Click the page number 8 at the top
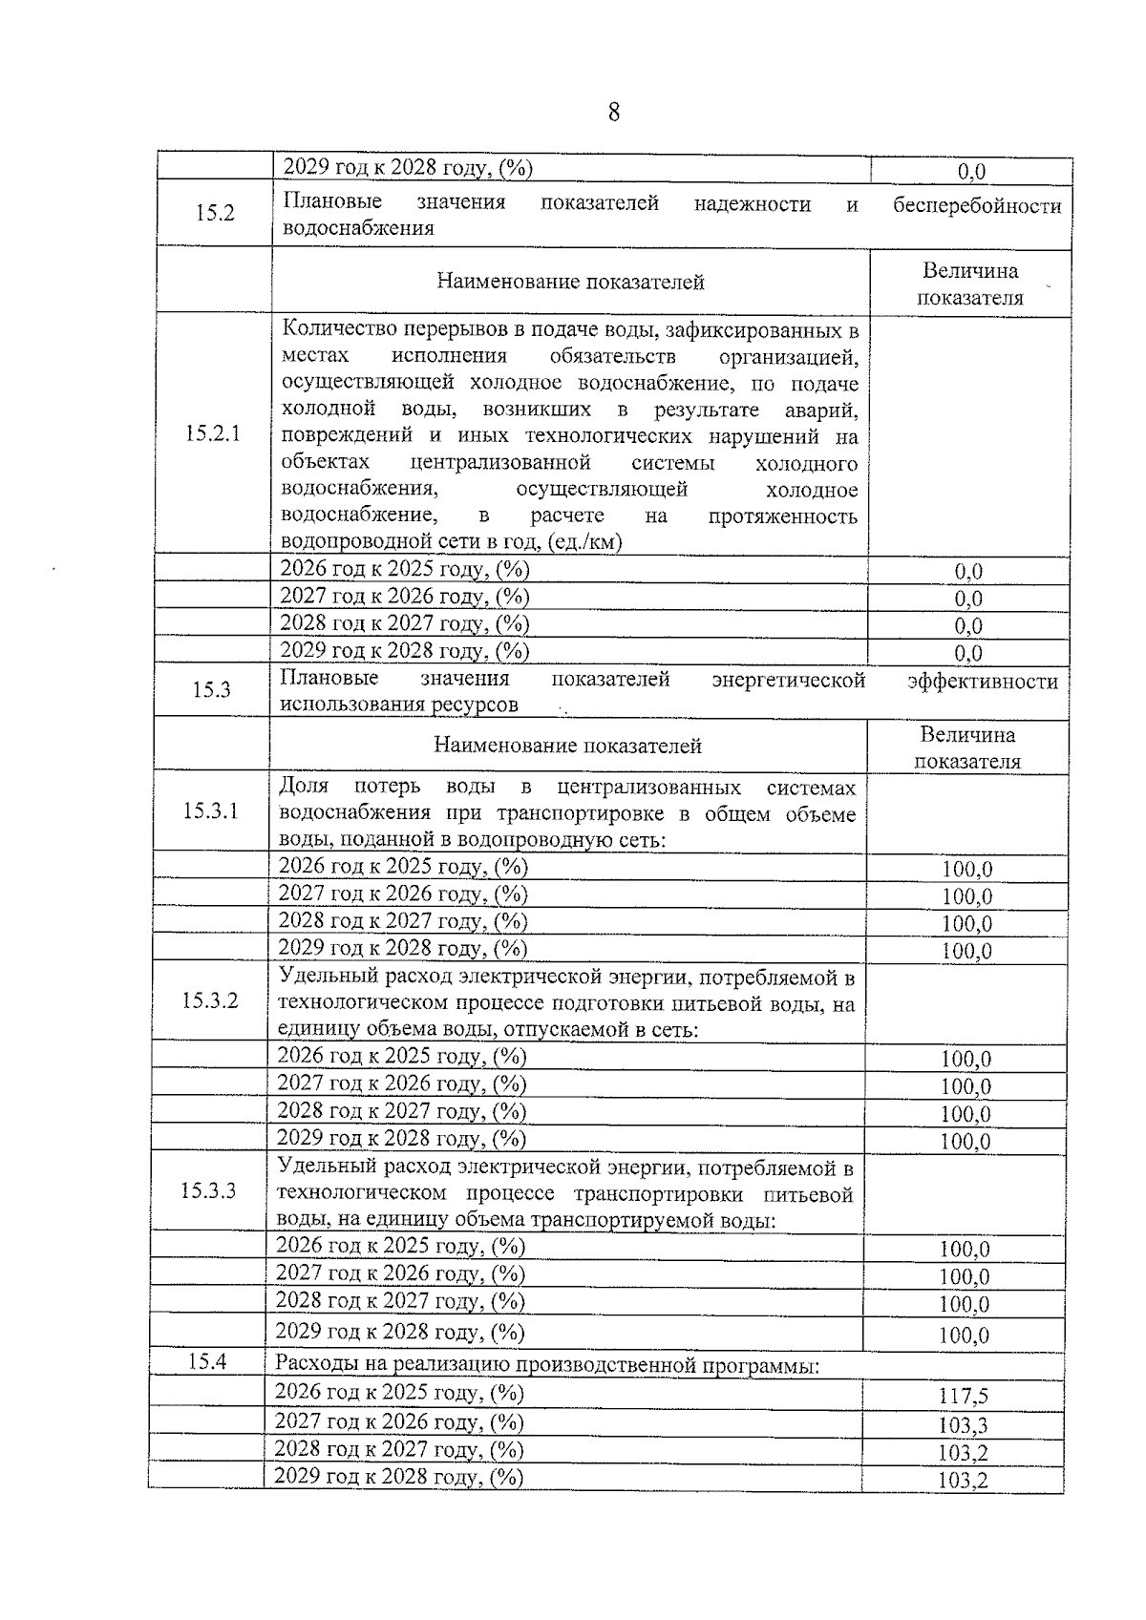(x=613, y=113)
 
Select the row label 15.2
(x=215, y=213)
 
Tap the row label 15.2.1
(x=213, y=433)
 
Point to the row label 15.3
(x=211, y=689)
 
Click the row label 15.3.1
(x=210, y=810)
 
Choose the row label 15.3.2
(x=210, y=1000)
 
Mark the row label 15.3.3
(x=208, y=1190)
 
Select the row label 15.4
(x=206, y=1361)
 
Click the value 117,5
(x=963, y=1397)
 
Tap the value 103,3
(x=963, y=1425)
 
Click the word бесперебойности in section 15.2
(x=977, y=205)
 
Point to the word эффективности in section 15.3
(x=982, y=681)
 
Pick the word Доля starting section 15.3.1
(x=303, y=787)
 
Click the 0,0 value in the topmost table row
(x=971, y=172)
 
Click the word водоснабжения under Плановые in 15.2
(x=357, y=228)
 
